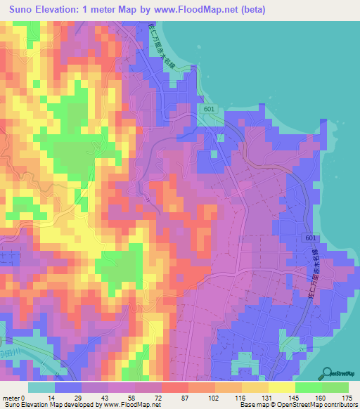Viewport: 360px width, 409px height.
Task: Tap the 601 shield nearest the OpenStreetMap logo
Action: (311, 239)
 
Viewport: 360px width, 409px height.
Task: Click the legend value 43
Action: (110, 397)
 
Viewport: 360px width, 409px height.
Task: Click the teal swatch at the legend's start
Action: (41, 387)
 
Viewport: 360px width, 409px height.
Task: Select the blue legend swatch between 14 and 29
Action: (67, 387)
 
